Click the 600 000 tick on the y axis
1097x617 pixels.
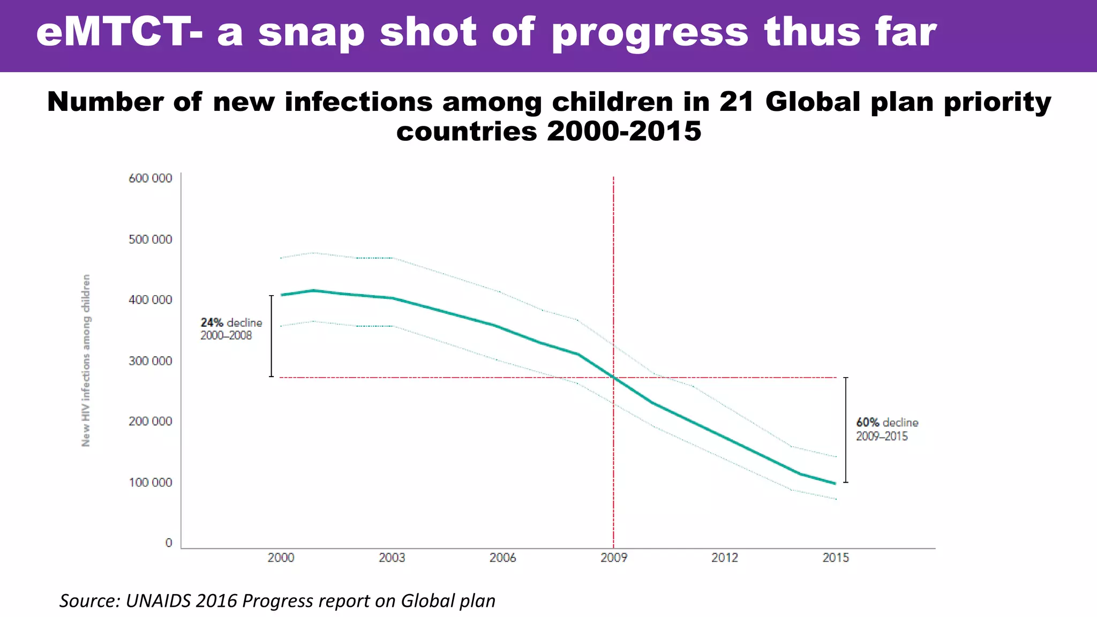[151, 178]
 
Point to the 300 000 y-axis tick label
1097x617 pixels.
[151, 361]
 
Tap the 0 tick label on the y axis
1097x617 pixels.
[169, 543]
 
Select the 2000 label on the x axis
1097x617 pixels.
[281, 558]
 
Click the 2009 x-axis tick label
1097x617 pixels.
[614, 558]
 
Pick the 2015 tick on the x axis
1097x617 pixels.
[836, 558]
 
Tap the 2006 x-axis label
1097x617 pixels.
[502, 558]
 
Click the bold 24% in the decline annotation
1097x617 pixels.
[212, 323]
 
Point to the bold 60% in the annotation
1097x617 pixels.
[868, 423]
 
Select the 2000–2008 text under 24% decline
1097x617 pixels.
[226, 336]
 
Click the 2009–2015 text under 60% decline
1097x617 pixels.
[882, 437]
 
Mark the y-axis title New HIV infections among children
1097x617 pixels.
[86, 360]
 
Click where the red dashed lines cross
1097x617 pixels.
[613, 378]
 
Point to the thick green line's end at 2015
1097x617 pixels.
[835, 483]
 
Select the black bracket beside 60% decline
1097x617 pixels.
[846, 430]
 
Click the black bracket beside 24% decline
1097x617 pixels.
[271, 336]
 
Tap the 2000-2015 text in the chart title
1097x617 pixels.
[624, 131]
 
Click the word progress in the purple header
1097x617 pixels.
[649, 33]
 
